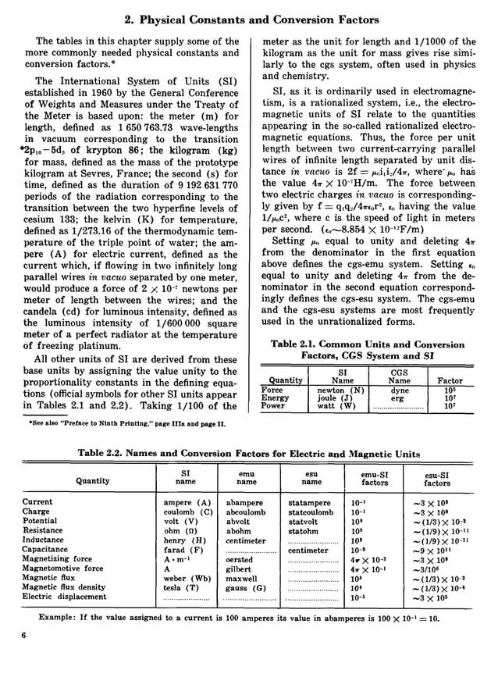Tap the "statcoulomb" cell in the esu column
tap(311, 512)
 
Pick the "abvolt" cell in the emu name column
tap(240, 521)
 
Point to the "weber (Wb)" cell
tap(185, 578)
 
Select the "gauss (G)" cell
tap(246, 587)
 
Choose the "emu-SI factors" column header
tap(375, 477)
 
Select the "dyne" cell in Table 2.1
tap(399, 390)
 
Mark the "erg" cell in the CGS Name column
tap(399, 397)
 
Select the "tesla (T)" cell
tap(180, 587)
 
